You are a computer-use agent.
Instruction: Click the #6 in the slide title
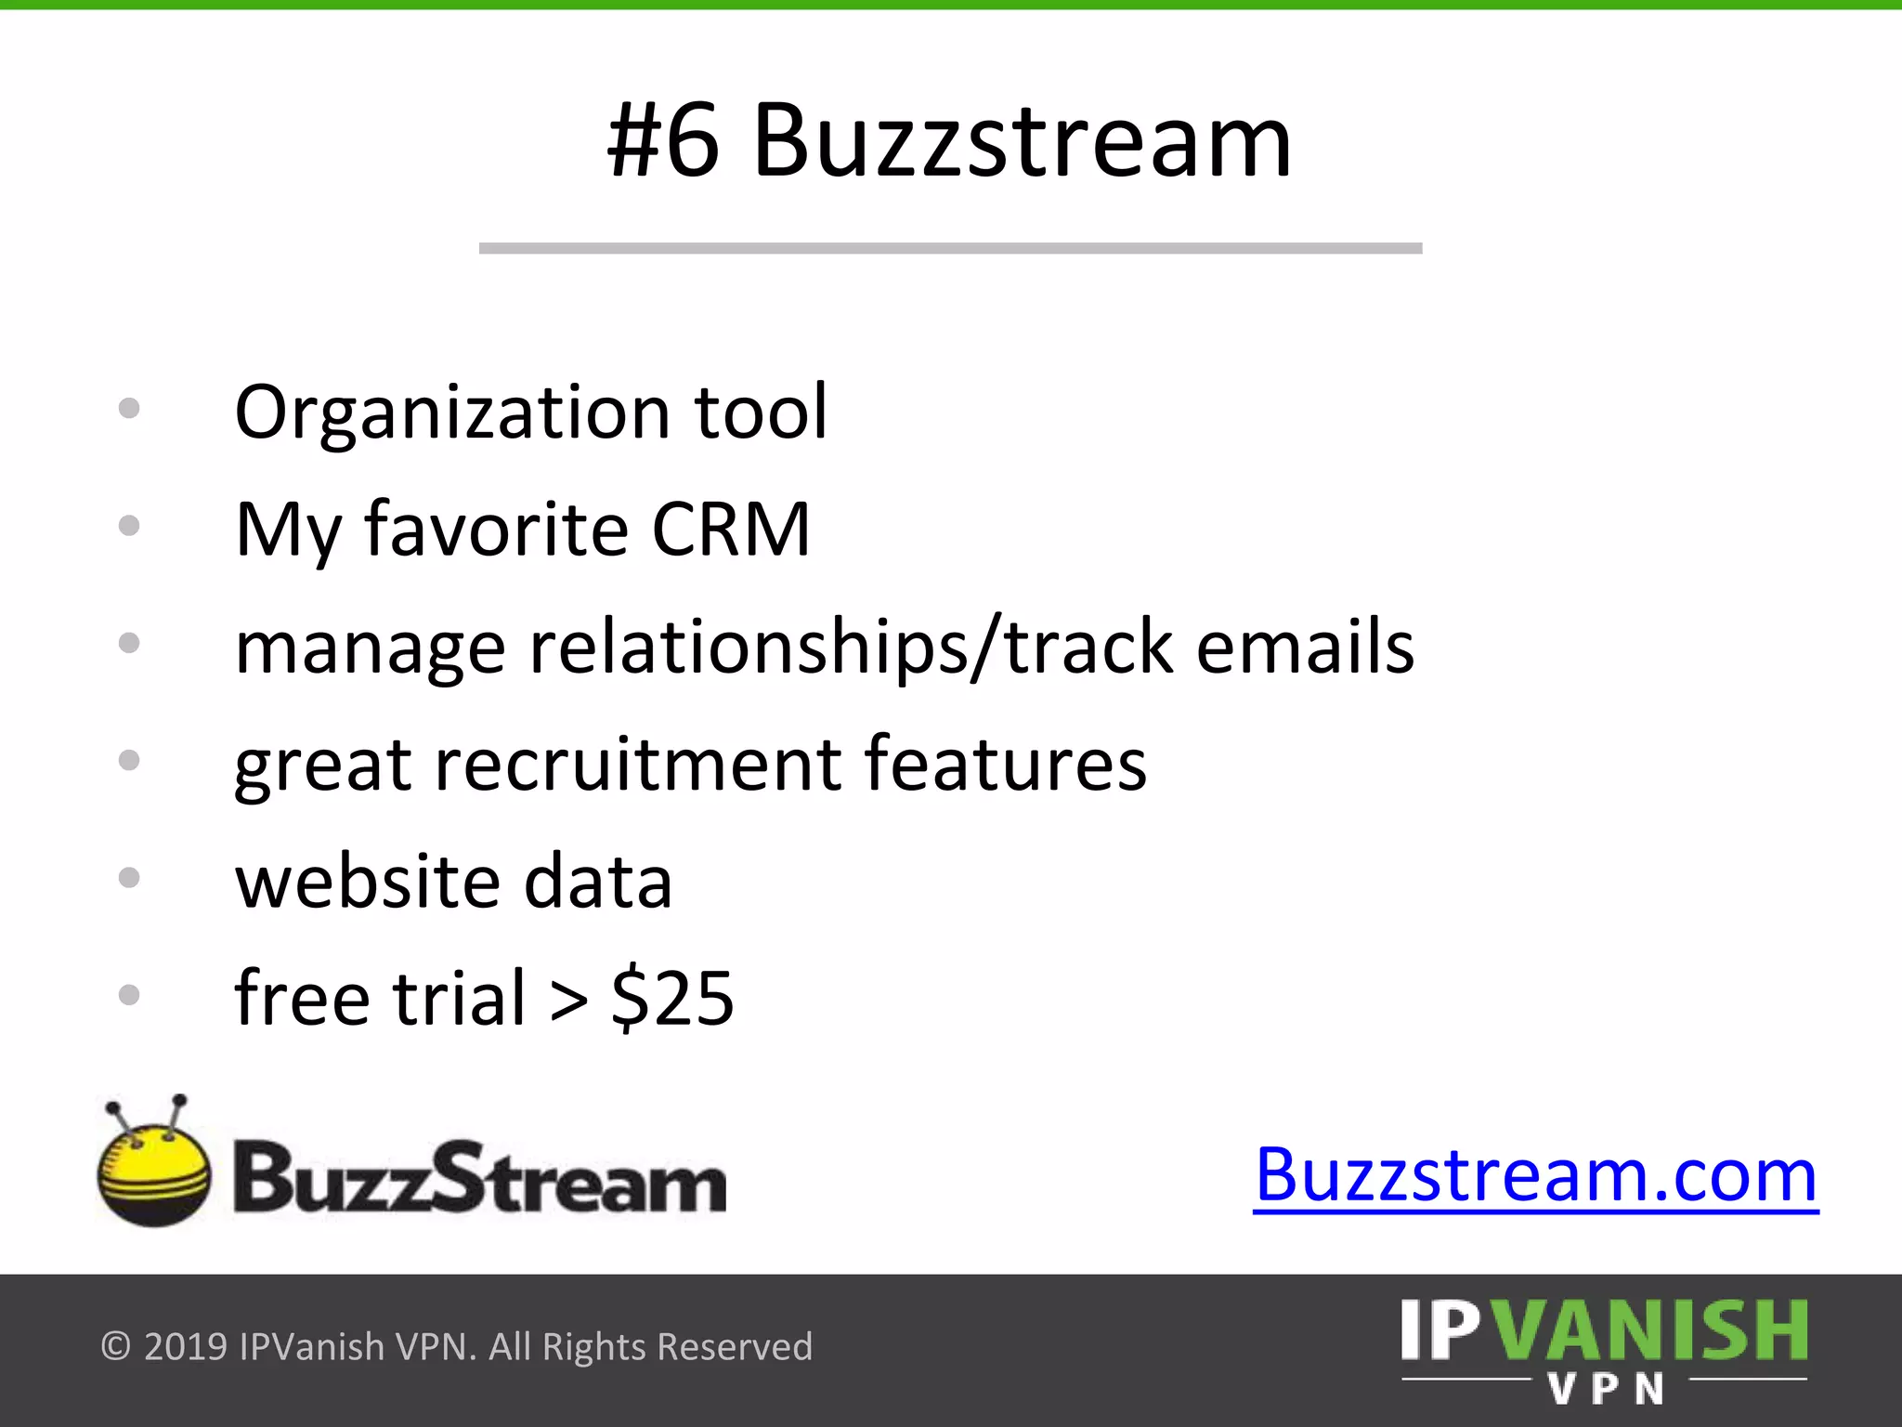(x=663, y=142)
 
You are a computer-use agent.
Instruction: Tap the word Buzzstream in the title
(x=1022, y=142)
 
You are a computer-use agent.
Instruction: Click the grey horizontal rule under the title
(x=950, y=248)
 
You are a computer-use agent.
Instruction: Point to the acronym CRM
(x=731, y=530)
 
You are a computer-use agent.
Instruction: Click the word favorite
(x=497, y=530)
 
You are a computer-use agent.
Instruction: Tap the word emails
(x=1305, y=647)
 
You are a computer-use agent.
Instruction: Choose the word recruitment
(x=638, y=765)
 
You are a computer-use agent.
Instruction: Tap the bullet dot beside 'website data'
(x=129, y=878)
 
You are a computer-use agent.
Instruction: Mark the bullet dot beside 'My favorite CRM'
(x=129, y=526)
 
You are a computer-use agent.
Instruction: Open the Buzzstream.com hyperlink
(x=1535, y=1176)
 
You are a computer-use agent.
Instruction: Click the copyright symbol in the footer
(x=115, y=1346)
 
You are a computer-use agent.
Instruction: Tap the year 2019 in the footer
(x=186, y=1346)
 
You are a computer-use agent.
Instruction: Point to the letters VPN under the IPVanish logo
(x=1606, y=1390)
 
